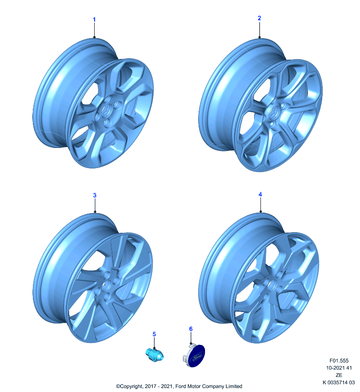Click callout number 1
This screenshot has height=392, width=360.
tap(94, 20)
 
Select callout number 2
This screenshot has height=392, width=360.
tap(259, 18)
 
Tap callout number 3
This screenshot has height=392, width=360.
tap(95, 195)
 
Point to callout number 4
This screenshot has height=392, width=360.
tap(260, 194)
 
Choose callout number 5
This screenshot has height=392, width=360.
tap(154, 334)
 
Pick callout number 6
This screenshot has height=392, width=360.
tap(191, 329)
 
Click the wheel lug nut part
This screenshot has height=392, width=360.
tap(154, 355)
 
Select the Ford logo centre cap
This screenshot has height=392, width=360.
tap(194, 356)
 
